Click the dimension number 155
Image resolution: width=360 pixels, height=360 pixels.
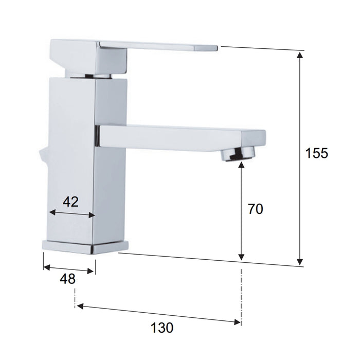316,153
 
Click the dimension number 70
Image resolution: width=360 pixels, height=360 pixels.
255,209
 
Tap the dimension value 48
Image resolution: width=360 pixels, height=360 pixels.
67,279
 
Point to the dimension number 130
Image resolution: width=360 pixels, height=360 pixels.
162,327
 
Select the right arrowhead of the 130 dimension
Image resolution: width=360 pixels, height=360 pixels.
237,322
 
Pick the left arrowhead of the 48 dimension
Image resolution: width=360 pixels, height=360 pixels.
46,267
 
